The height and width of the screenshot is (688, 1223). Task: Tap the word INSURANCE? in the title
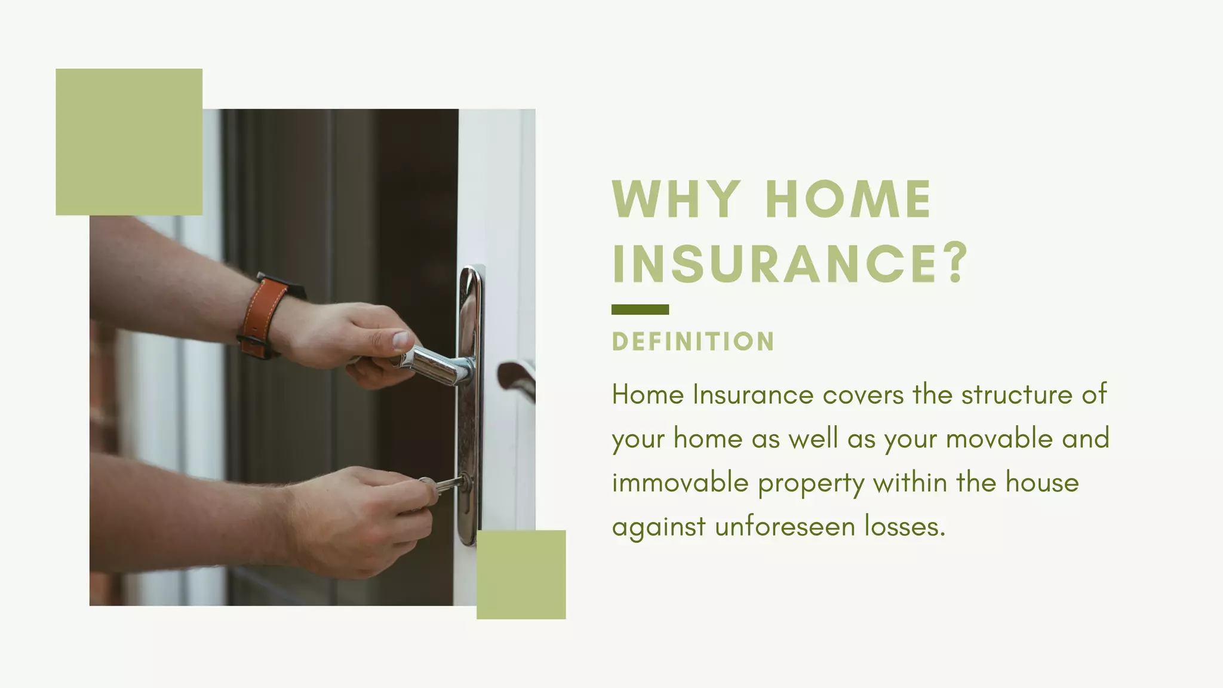coord(788,263)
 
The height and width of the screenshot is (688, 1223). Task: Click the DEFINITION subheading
coord(693,342)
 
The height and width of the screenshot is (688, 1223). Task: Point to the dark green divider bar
coord(640,309)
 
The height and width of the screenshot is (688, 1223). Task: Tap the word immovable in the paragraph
coord(680,483)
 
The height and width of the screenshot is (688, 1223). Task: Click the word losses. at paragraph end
coord(905,527)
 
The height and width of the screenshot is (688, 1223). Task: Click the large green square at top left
coord(129,142)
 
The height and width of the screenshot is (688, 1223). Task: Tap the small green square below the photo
coord(521,575)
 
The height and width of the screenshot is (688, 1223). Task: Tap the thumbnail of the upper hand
coord(400,339)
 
